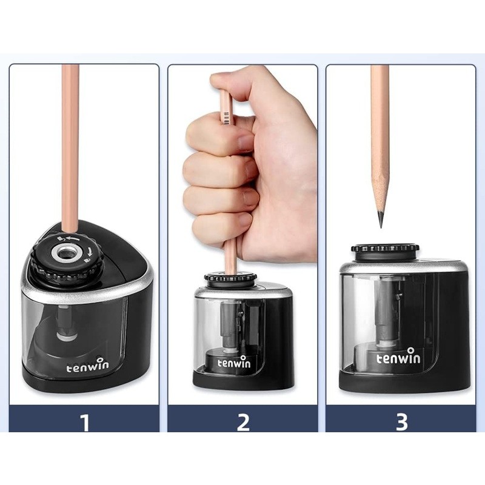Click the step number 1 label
click(x=84, y=421)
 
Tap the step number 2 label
click(x=243, y=421)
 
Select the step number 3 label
click(x=401, y=421)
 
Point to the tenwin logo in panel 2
click(x=234, y=361)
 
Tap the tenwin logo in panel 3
click(x=398, y=356)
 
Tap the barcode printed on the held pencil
click(x=227, y=118)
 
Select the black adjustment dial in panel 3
click(x=385, y=251)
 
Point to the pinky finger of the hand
click(x=220, y=225)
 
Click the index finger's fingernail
click(x=246, y=142)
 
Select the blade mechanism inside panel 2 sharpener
click(x=232, y=325)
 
